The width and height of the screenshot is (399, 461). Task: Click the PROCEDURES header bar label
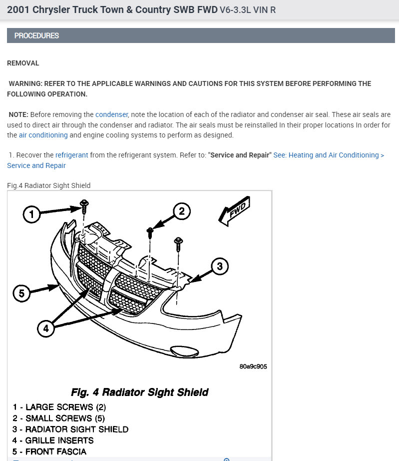pyautogui.click(x=36, y=35)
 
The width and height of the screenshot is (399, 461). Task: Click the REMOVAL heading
pyautogui.click(x=23, y=63)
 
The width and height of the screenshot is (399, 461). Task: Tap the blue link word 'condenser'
pyautogui.click(x=112, y=114)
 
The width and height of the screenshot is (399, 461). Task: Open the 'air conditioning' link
pyautogui.click(x=43, y=135)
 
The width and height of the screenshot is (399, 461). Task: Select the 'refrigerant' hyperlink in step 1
pyautogui.click(x=72, y=155)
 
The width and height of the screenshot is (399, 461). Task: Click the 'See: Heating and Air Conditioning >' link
pyautogui.click(x=329, y=155)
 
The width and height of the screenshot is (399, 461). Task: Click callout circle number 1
pyautogui.click(x=32, y=215)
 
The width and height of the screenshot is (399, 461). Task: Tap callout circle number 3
pyautogui.click(x=220, y=266)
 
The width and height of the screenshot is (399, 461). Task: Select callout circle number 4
pyautogui.click(x=46, y=328)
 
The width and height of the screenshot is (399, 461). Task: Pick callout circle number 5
pyautogui.click(x=21, y=293)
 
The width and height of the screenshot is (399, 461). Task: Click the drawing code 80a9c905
pyautogui.click(x=253, y=366)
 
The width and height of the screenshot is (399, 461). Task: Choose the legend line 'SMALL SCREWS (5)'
pyautogui.click(x=59, y=418)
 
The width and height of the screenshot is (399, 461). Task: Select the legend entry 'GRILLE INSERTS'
pyautogui.click(x=53, y=440)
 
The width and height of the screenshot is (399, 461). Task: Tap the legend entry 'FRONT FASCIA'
pyautogui.click(x=49, y=451)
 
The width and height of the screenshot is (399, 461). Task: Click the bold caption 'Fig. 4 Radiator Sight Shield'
pyautogui.click(x=139, y=391)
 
